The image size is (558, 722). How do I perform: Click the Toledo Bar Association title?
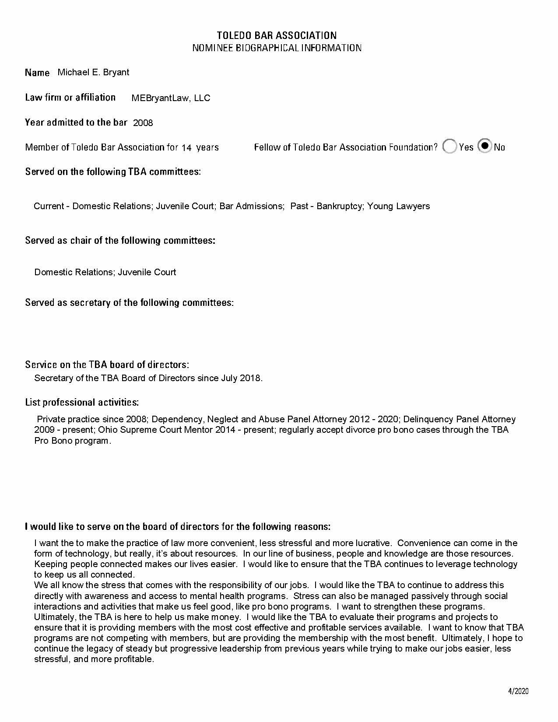(x=277, y=35)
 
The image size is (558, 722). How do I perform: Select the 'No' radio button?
(x=484, y=146)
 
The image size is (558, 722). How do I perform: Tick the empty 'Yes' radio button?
(x=449, y=147)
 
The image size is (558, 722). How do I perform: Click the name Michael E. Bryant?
(x=93, y=72)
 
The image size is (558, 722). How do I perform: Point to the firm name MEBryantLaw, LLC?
(x=171, y=98)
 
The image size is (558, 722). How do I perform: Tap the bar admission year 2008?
(x=143, y=123)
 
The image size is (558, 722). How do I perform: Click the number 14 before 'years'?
(x=186, y=148)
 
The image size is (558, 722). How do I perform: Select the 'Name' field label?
(x=37, y=73)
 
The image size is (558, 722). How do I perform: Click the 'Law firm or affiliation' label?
(x=70, y=97)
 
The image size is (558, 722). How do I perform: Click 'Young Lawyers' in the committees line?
(x=398, y=206)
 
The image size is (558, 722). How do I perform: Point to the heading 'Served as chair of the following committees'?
(x=120, y=240)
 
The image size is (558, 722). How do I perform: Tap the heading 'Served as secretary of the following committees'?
(x=129, y=302)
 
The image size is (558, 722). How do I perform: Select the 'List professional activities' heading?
(x=82, y=402)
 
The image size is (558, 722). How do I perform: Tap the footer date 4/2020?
(x=518, y=691)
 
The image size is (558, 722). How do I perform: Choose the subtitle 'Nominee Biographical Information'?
(x=277, y=48)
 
